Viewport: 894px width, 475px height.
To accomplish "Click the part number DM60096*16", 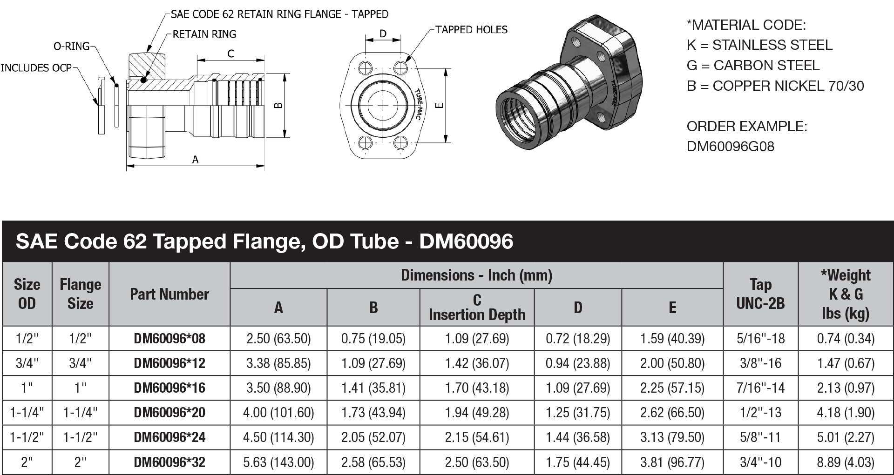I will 169,388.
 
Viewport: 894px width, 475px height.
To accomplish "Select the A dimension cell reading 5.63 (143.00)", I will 278,462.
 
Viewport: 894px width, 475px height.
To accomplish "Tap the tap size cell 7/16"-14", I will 760,388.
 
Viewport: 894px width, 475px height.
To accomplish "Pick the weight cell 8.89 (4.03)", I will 846,462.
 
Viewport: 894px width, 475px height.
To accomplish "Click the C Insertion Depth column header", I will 477,307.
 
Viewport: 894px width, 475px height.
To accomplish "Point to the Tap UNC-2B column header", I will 760,294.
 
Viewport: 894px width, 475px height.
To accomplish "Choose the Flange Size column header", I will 80,294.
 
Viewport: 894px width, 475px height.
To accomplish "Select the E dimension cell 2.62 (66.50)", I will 672,412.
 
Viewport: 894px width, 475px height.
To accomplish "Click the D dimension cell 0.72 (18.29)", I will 577,338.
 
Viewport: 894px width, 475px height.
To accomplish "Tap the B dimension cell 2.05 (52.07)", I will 373,437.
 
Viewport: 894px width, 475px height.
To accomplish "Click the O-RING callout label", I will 71,46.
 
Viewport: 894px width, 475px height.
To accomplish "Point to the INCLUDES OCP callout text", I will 36,68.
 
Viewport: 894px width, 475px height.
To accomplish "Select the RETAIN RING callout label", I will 204,34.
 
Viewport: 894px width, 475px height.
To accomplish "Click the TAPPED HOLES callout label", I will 471,30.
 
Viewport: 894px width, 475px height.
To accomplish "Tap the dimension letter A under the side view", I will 196,160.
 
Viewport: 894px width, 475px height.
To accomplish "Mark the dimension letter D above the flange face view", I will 383,34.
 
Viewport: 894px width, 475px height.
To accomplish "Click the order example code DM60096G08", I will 730,147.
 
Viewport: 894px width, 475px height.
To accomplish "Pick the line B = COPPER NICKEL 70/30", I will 775,86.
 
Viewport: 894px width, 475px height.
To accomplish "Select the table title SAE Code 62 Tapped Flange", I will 264,241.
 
